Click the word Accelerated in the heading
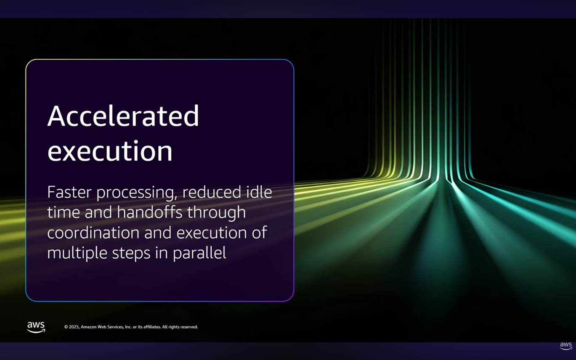pyautogui.click(x=123, y=116)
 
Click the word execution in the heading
pyautogui.click(x=110, y=151)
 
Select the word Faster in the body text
pyautogui.click(x=69, y=192)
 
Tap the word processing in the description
pyautogui.click(x=137, y=193)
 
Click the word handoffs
pyautogui.click(x=150, y=212)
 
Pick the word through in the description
pyautogui.click(x=216, y=213)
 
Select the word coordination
pyautogui.click(x=93, y=233)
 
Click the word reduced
pyautogui.click(x=212, y=192)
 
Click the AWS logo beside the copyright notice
pyautogui.click(x=36, y=327)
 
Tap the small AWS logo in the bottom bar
pyautogui.click(x=566, y=346)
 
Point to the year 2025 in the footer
pyautogui.click(x=74, y=327)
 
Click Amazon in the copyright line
pyautogui.click(x=88, y=327)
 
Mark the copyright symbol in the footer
pyautogui.click(x=66, y=327)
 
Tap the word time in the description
pyautogui.click(x=64, y=213)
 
